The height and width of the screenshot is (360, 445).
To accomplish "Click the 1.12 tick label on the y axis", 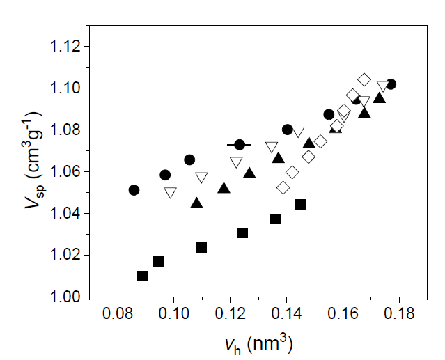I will pyautogui.click(x=64, y=47).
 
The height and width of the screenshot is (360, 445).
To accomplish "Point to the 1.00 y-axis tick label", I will pyautogui.click(x=64, y=297).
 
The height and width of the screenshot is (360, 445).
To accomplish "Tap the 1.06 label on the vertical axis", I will pyautogui.click(x=64, y=172).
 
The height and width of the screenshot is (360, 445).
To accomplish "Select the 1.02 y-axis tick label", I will pyautogui.click(x=64, y=256).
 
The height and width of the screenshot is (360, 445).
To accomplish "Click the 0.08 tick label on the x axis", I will pyautogui.click(x=118, y=314).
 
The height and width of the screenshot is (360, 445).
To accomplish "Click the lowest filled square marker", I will pyautogui.click(x=143, y=276).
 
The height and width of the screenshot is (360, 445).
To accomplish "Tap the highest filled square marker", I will pyautogui.click(x=301, y=205).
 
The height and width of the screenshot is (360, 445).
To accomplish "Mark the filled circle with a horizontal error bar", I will pyautogui.click(x=240, y=145).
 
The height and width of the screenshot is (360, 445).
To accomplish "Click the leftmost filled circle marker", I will pyautogui.click(x=134, y=190).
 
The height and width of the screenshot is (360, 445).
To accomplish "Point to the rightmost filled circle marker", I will pyautogui.click(x=391, y=84).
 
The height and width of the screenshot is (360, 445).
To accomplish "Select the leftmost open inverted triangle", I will pyautogui.click(x=171, y=193).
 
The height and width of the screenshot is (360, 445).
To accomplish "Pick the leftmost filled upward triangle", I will pyautogui.click(x=196, y=203).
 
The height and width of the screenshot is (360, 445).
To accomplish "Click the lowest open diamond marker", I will pyautogui.click(x=283, y=188).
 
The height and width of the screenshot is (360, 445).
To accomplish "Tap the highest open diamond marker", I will pyautogui.click(x=364, y=79).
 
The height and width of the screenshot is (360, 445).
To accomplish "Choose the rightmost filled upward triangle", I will pyautogui.click(x=380, y=97).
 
